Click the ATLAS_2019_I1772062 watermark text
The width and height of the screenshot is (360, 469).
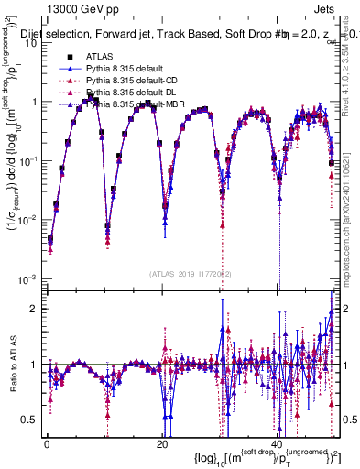[191, 274]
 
